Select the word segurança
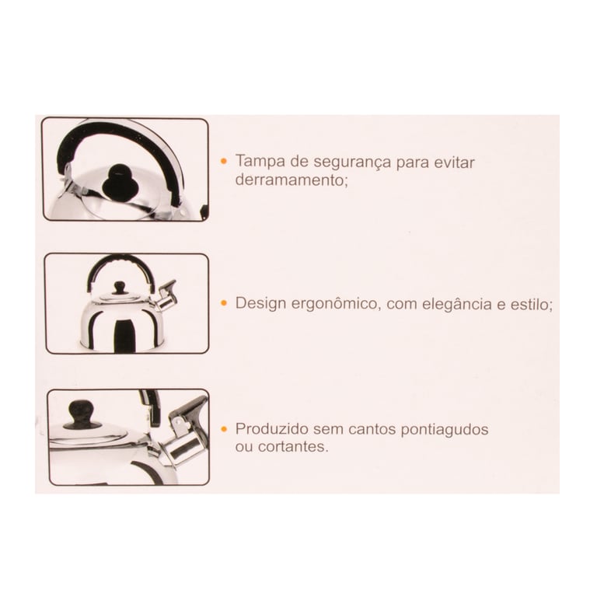[x=353, y=162]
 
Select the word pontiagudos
[x=445, y=430]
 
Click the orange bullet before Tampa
[x=224, y=162]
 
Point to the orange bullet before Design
[x=224, y=303]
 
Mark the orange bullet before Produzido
[x=224, y=429]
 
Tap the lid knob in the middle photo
[x=120, y=288]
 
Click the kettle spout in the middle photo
[x=166, y=297]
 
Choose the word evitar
[x=454, y=162]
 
